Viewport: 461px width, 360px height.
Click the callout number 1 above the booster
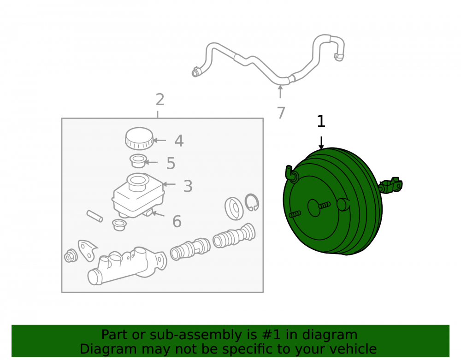(321, 121)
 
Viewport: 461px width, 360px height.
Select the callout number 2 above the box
(160, 100)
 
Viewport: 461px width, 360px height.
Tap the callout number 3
(188, 186)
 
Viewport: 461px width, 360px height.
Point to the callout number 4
(179, 141)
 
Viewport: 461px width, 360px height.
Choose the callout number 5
(171, 163)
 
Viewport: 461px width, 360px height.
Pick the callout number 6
(177, 221)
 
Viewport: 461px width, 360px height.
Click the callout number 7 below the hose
(281, 113)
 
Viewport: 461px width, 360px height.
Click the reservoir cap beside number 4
(139, 138)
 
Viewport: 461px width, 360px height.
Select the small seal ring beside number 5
(138, 161)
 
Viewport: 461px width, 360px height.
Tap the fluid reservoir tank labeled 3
(138, 195)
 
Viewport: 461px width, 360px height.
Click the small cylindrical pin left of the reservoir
(95, 216)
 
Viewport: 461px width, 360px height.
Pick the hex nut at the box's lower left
(71, 256)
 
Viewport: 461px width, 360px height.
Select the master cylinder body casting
(126, 266)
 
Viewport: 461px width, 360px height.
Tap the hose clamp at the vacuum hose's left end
(195, 72)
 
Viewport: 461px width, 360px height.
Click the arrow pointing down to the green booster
(321, 143)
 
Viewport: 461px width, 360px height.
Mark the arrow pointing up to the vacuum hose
(280, 91)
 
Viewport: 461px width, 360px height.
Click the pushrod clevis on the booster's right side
(391, 185)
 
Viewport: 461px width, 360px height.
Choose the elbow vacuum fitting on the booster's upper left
(291, 174)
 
